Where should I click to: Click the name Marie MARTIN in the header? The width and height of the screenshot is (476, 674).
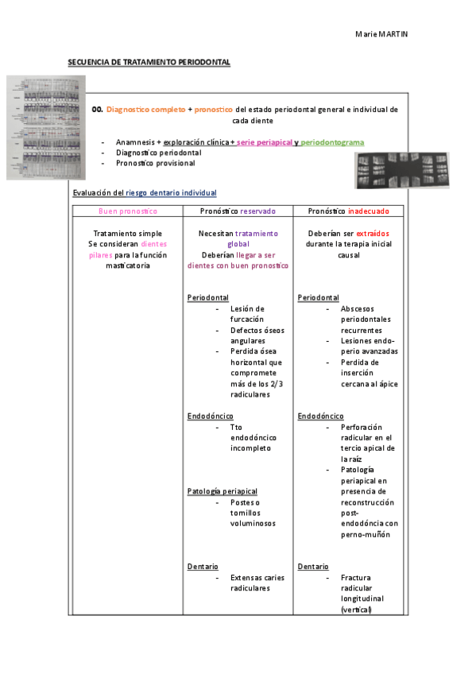click(381, 34)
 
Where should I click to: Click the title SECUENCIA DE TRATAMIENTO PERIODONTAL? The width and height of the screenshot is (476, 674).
click(149, 62)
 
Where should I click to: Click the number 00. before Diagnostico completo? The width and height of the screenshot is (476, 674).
click(98, 109)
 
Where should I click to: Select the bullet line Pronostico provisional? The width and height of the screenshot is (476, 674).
click(155, 163)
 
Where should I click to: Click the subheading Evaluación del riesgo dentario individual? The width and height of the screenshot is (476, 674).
click(144, 193)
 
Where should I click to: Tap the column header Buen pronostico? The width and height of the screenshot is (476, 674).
click(127, 211)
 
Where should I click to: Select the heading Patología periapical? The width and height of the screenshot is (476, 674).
click(223, 491)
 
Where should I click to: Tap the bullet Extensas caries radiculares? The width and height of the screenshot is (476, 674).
click(257, 583)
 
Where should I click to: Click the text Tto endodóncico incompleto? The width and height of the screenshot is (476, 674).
click(250, 437)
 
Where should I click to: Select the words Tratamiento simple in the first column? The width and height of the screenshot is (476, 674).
click(127, 234)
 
